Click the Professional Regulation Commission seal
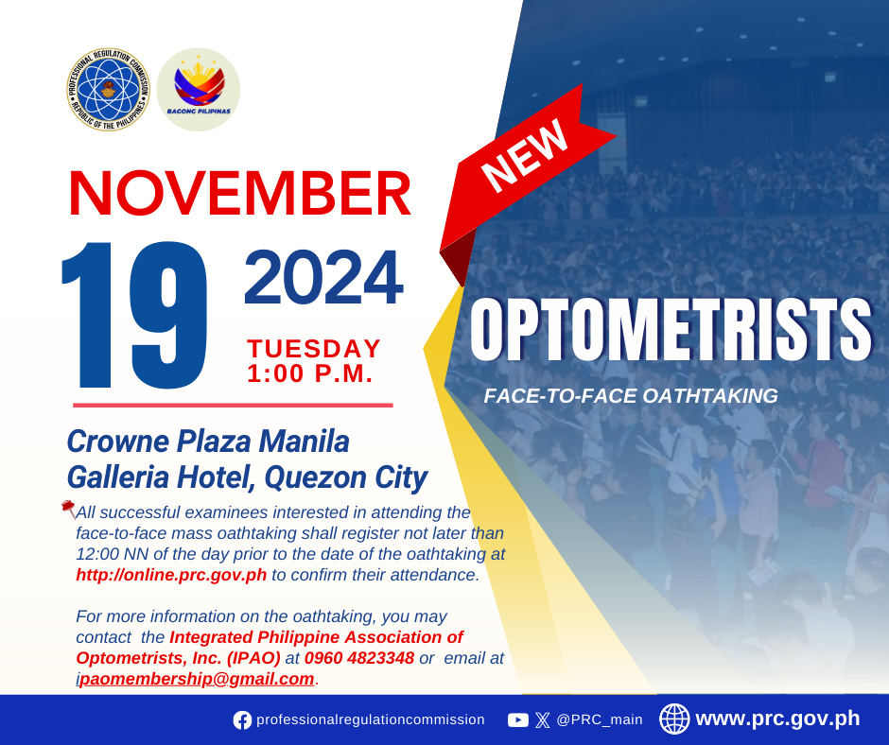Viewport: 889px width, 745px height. (x=109, y=90)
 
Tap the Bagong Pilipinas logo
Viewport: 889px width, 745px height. (x=199, y=90)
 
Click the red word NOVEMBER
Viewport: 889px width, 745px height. (x=240, y=193)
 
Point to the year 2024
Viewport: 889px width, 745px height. (x=323, y=277)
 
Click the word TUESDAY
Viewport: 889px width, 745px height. (x=314, y=349)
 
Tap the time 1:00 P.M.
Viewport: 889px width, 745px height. (x=310, y=373)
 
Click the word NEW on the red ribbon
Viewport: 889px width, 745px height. (x=525, y=156)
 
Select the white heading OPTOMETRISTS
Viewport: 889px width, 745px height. (x=671, y=329)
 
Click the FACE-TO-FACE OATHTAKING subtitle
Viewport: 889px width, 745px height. (x=631, y=396)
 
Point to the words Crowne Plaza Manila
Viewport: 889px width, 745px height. (x=208, y=442)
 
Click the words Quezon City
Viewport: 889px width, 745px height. (x=346, y=477)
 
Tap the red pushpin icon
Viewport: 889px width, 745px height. (x=69, y=509)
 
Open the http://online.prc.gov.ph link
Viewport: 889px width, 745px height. (x=171, y=575)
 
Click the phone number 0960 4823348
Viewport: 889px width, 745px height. (x=359, y=658)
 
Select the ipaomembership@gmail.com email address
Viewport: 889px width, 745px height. (x=195, y=679)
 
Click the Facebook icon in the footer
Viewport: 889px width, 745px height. (x=242, y=720)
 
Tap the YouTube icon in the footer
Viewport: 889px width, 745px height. (x=517, y=720)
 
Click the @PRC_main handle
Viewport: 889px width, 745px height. (x=600, y=719)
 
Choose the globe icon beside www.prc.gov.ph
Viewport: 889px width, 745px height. (x=674, y=719)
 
